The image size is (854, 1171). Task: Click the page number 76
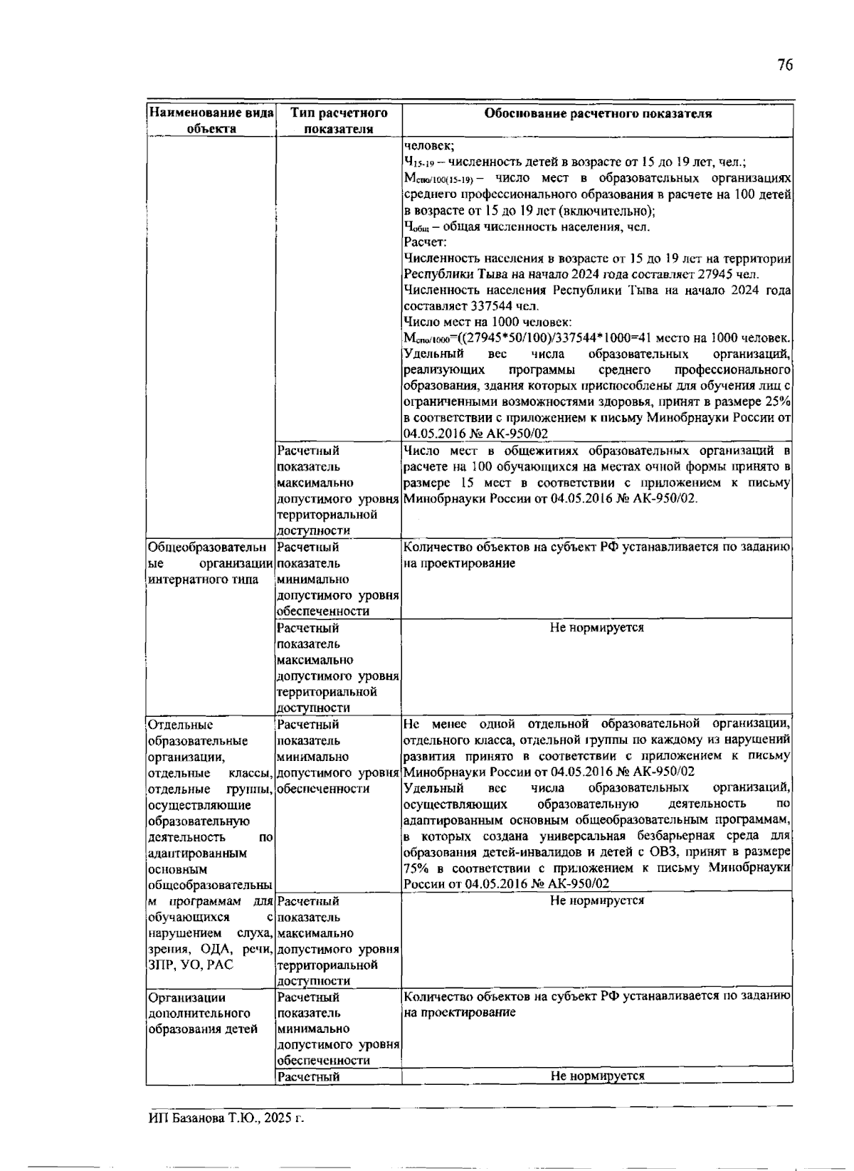click(x=784, y=65)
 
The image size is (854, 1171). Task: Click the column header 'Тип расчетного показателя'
click(x=339, y=120)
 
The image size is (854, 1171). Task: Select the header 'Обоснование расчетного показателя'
click(x=597, y=113)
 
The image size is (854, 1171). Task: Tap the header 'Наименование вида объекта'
click(x=211, y=120)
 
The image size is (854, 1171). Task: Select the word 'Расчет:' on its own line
click(x=425, y=243)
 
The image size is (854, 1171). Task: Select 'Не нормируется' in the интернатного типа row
click(x=596, y=627)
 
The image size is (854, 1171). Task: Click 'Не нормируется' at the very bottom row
click(x=596, y=1076)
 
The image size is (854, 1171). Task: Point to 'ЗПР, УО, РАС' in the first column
click(x=190, y=965)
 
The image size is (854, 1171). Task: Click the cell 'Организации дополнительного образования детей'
click(x=203, y=1013)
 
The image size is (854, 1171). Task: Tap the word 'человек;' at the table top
click(x=423, y=145)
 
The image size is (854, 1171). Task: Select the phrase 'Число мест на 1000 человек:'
click(x=487, y=322)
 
